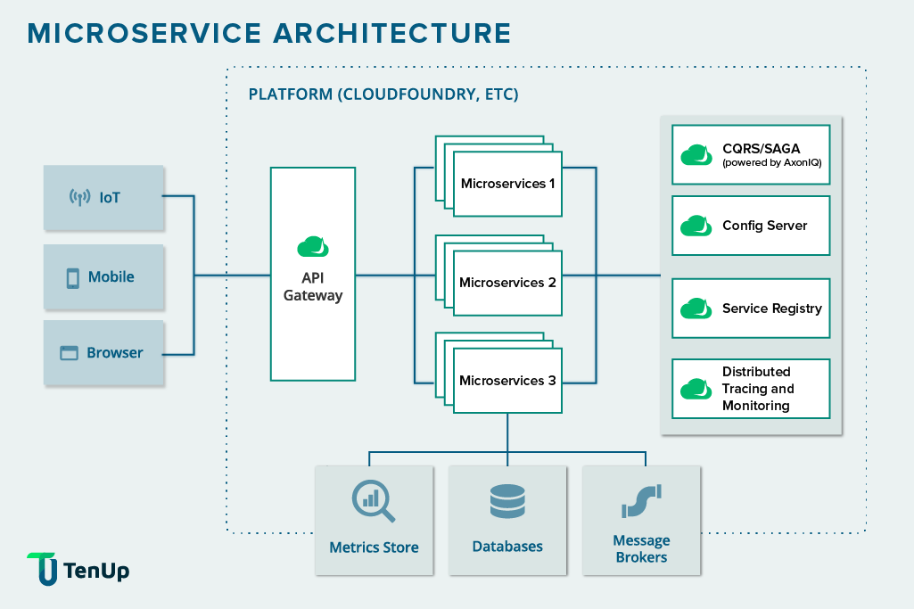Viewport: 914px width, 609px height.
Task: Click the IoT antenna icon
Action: [80, 197]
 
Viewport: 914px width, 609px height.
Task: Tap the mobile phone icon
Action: [72, 277]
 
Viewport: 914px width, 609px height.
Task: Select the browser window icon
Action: [69, 353]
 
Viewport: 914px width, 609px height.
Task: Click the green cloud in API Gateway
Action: [313, 247]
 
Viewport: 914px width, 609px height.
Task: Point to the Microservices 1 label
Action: [507, 184]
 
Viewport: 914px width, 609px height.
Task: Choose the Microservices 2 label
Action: [507, 283]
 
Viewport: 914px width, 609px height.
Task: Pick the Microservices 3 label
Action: [507, 381]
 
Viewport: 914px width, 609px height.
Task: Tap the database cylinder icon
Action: [507, 500]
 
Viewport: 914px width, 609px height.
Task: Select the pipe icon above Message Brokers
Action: [640, 501]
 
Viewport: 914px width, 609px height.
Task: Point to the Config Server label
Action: [764, 226]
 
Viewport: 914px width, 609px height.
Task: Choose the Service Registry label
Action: [771, 309]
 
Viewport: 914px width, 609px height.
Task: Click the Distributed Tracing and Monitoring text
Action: [757, 389]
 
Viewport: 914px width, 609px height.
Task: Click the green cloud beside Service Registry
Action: [696, 309]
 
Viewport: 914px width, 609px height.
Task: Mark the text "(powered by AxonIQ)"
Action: [771, 163]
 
